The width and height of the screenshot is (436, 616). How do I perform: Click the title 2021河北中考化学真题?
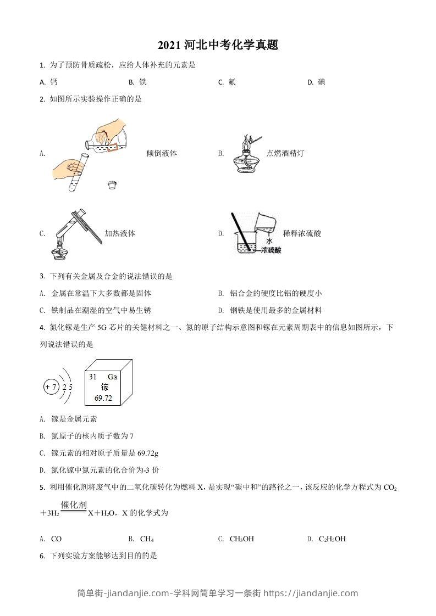point(218,46)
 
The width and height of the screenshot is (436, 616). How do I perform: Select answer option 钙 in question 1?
point(54,82)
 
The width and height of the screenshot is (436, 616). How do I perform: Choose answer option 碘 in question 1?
point(321,82)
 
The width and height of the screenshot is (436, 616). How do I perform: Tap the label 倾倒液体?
point(162,154)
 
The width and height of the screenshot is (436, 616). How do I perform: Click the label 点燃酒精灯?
point(285,154)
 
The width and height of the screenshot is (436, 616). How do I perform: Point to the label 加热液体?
point(120,233)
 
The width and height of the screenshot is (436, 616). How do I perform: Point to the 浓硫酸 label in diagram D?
point(271,250)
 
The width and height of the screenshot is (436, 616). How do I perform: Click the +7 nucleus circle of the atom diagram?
point(51,387)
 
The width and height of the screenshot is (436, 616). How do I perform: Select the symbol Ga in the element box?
point(112,377)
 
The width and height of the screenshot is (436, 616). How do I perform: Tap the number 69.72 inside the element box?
point(103,398)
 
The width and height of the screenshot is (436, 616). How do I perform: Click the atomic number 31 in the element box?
point(92,377)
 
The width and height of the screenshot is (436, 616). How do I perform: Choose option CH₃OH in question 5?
point(242,539)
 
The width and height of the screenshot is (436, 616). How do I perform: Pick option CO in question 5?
point(56,539)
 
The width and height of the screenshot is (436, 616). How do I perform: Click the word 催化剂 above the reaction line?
point(74,505)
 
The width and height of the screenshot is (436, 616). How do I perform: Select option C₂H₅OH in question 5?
point(332,539)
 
